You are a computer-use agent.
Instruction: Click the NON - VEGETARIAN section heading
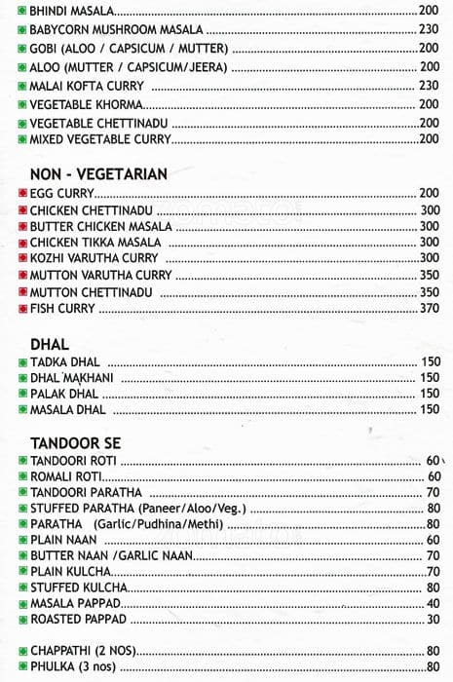tap(98, 174)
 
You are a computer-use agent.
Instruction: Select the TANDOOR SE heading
tap(75, 442)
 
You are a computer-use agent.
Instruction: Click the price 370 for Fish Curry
tap(429, 309)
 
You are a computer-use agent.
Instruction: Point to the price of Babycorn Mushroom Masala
tap(429, 29)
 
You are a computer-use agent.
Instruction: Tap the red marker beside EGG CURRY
tap(21, 194)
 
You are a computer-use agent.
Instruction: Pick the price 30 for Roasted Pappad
tap(433, 620)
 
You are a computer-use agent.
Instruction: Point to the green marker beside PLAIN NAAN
tap(21, 540)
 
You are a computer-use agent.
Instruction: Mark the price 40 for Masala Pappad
tap(433, 603)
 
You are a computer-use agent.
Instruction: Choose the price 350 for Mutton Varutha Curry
tap(429, 276)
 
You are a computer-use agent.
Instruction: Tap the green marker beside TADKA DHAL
tap(21, 361)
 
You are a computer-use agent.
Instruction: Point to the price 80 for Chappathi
tap(433, 651)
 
